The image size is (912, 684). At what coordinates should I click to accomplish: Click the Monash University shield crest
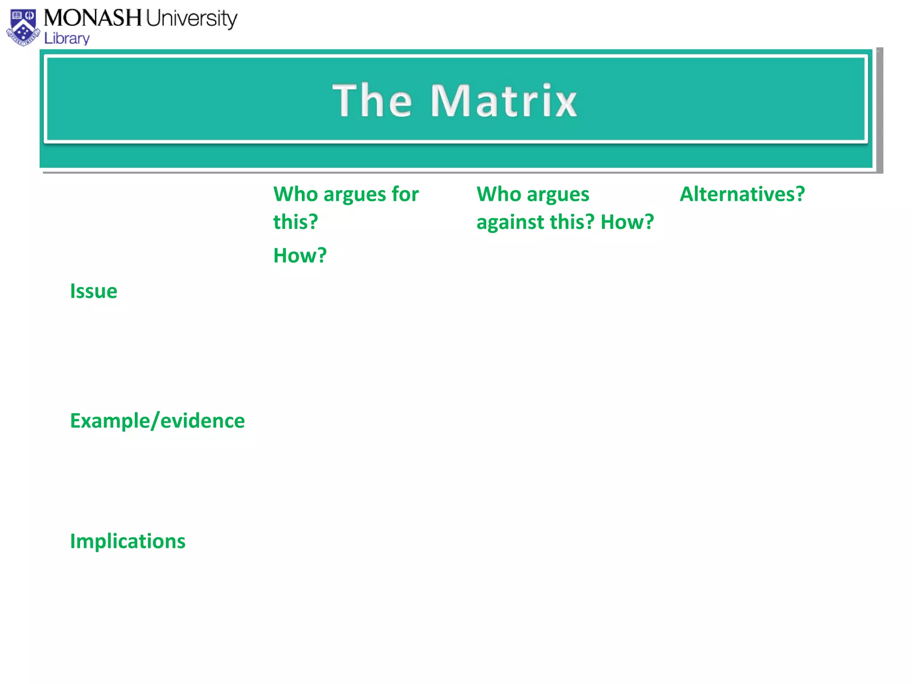[x=23, y=28]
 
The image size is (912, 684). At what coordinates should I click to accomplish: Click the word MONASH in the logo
[x=92, y=18]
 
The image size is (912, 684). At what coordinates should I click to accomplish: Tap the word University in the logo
[x=191, y=19]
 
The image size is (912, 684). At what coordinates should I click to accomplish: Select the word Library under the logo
[x=67, y=39]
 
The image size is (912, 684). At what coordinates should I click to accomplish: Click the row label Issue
[x=94, y=291]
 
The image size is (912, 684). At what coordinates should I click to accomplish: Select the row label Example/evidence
[x=157, y=421]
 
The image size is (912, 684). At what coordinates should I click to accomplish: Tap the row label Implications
[x=127, y=541]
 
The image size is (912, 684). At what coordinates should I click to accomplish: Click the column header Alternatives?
[x=742, y=194]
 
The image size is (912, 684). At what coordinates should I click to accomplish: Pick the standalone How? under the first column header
[x=300, y=256]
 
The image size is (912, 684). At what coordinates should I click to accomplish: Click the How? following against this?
[x=627, y=222]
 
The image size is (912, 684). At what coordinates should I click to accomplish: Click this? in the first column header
[x=295, y=222]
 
